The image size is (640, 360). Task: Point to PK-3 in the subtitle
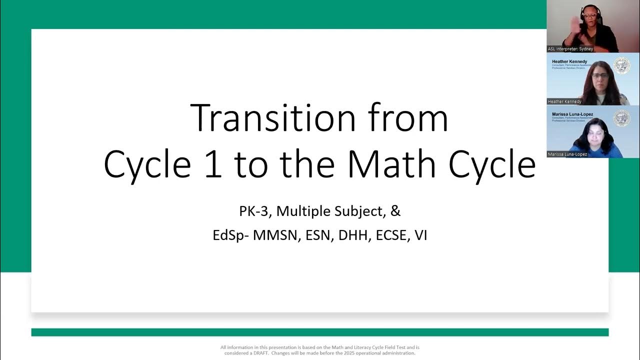[254, 211]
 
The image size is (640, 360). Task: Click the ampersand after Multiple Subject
[395, 211]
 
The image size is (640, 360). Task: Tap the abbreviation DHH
[352, 235]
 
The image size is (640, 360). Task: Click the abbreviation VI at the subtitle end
[420, 235]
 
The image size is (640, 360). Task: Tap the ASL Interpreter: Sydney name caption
[570, 49]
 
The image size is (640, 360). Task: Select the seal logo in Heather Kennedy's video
[621, 66]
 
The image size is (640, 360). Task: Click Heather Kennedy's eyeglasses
[600, 75]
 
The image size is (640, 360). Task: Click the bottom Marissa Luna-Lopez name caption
[567, 154]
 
